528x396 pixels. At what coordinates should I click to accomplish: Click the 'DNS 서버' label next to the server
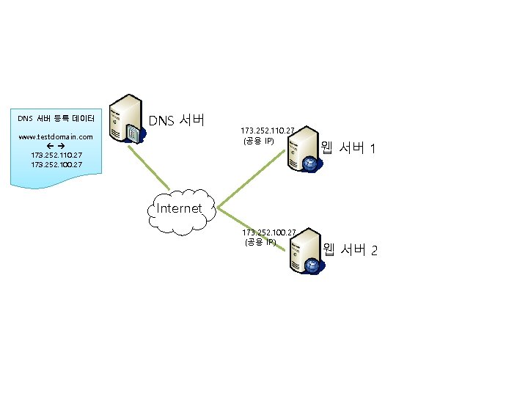click(177, 120)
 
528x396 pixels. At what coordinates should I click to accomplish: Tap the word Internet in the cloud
click(180, 208)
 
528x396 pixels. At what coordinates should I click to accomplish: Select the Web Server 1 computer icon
click(302, 151)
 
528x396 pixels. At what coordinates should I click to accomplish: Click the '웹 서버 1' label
click(349, 149)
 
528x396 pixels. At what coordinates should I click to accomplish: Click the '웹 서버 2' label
click(350, 251)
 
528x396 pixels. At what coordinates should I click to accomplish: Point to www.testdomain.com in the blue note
click(56, 136)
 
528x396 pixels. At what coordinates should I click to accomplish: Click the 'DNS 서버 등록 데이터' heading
click(56, 118)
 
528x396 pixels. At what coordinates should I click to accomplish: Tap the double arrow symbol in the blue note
click(56, 147)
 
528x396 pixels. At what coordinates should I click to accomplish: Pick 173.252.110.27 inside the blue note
click(56, 155)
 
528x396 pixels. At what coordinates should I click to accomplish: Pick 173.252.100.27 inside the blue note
click(56, 165)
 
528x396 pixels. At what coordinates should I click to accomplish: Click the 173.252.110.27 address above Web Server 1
click(268, 131)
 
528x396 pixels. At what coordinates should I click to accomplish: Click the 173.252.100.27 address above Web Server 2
click(269, 232)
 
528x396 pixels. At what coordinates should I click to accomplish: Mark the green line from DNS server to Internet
click(158, 170)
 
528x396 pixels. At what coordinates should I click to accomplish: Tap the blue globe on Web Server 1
click(311, 164)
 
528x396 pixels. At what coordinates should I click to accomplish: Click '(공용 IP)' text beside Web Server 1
click(259, 140)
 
